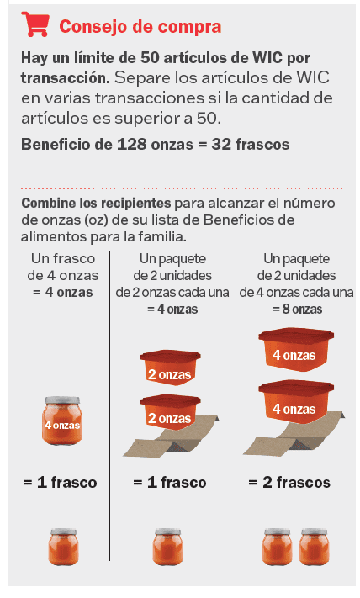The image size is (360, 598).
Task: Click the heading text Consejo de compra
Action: pyautogui.click(x=140, y=26)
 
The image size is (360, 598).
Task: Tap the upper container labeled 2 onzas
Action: pyautogui.click(x=170, y=367)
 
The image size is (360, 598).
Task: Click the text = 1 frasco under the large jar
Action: pyautogui.click(x=61, y=483)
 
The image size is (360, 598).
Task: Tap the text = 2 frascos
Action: pyautogui.click(x=289, y=483)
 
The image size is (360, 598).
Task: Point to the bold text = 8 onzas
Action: pyautogui.click(x=297, y=309)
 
